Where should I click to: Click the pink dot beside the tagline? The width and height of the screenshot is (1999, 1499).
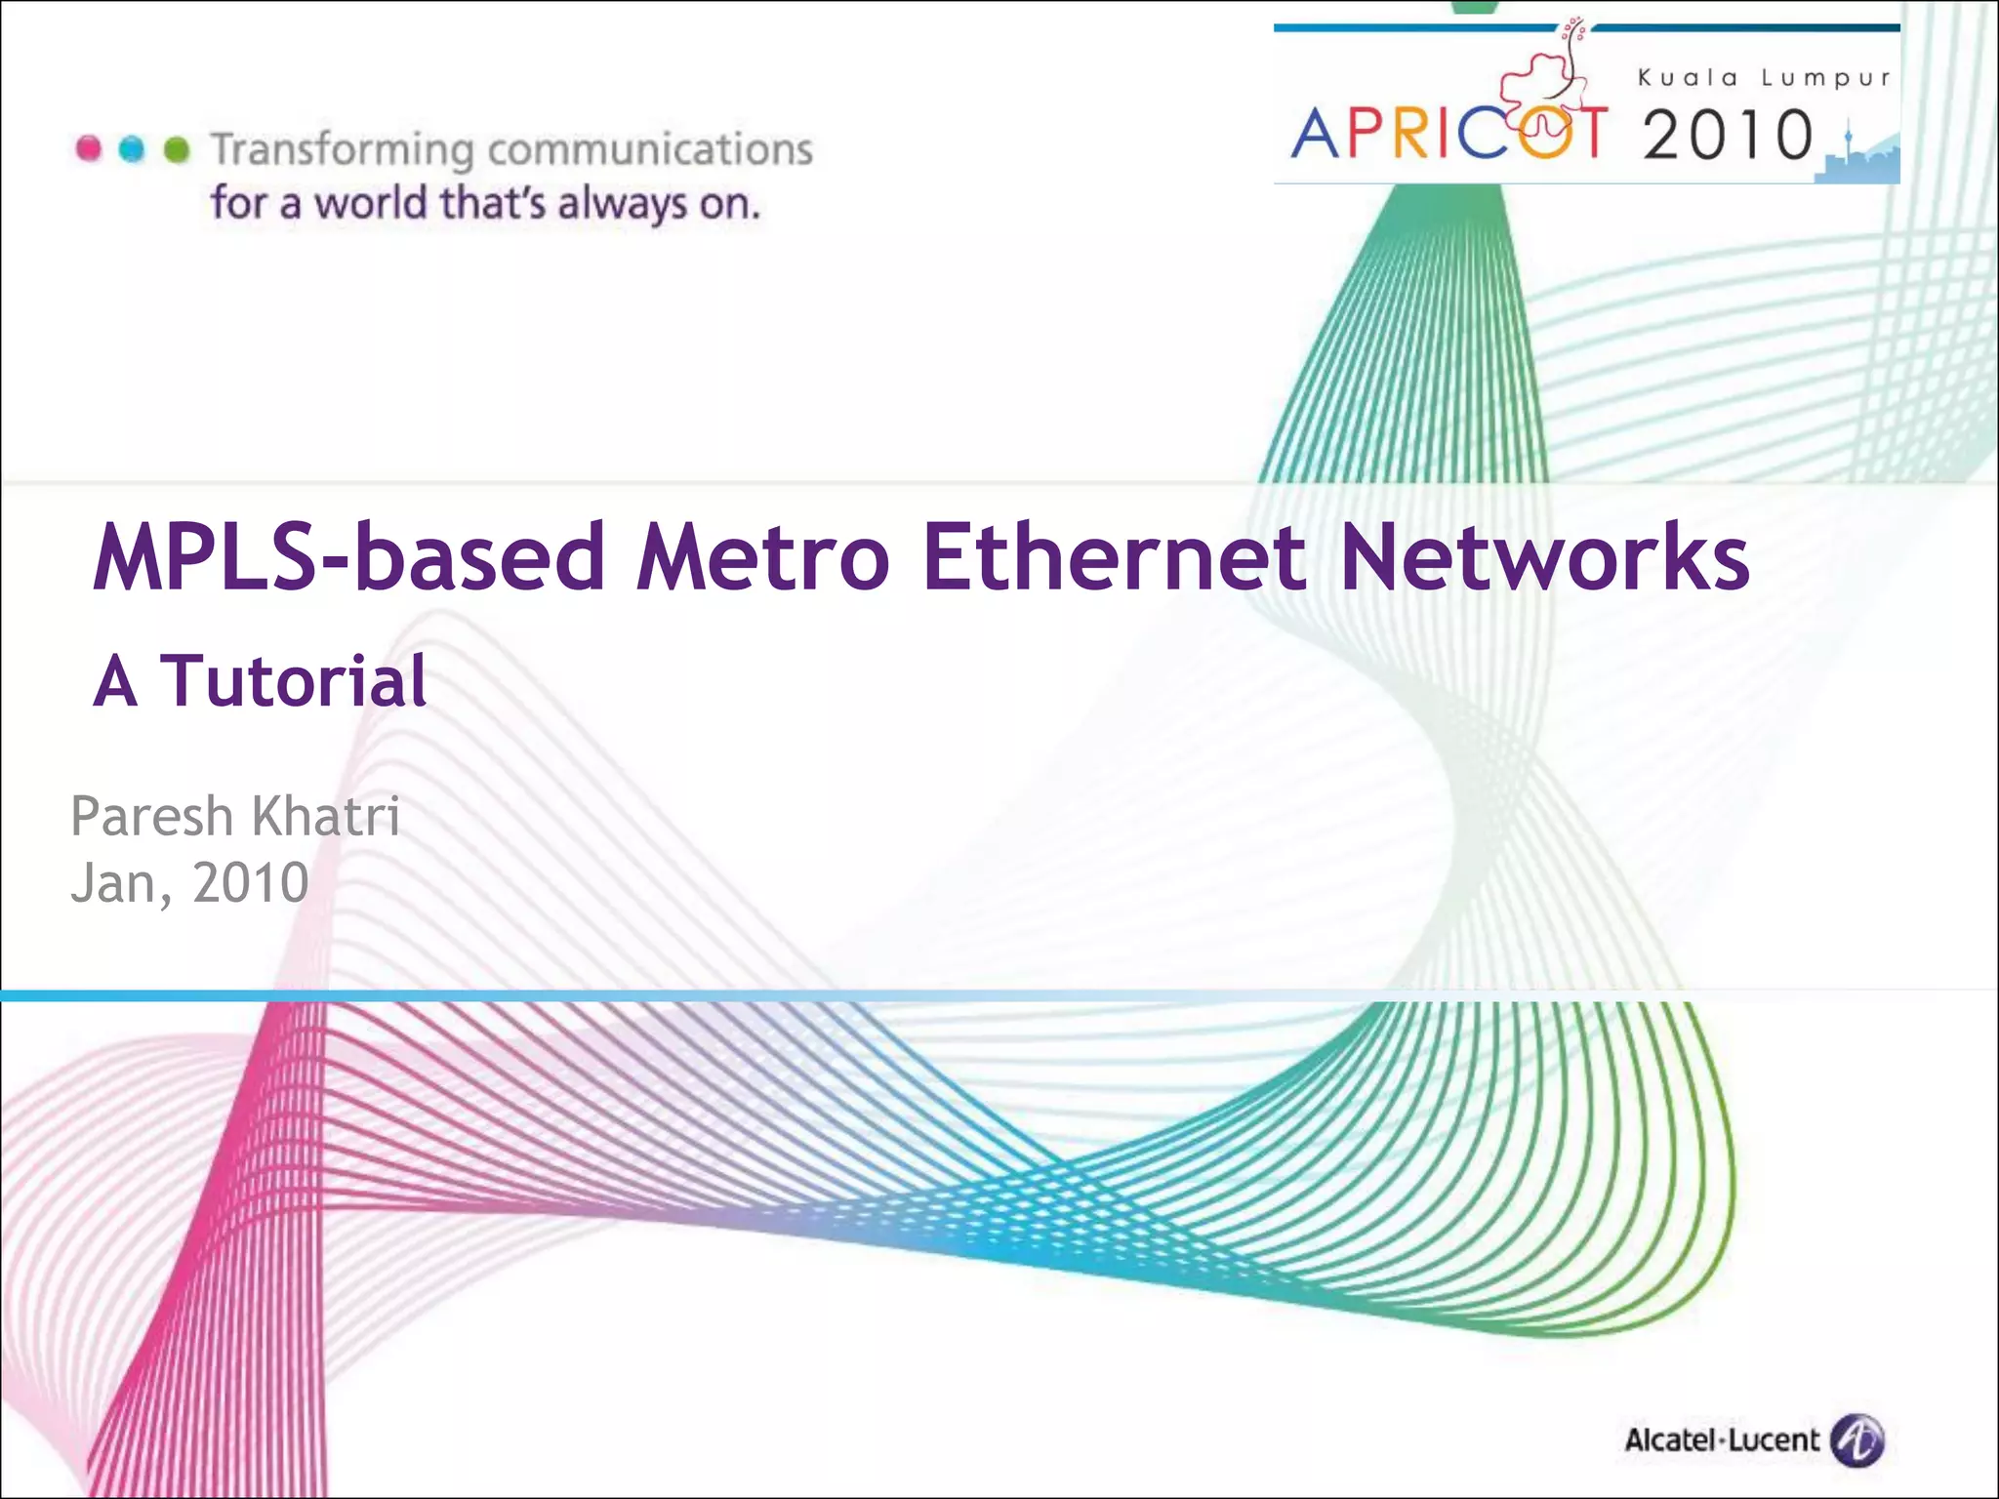[89, 148]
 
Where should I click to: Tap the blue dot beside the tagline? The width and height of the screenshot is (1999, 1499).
[132, 148]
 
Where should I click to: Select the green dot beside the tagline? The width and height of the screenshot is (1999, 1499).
[177, 148]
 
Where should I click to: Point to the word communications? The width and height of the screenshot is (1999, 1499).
[650, 149]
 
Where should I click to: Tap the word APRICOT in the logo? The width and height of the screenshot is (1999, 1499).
[1448, 134]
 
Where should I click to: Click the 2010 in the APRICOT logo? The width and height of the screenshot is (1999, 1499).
[1728, 135]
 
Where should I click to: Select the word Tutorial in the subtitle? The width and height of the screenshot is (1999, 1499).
[293, 680]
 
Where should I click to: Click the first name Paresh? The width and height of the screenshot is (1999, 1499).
[152, 816]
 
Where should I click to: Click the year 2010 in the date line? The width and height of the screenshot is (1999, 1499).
[251, 882]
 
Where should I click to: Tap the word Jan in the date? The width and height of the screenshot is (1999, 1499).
[113, 884]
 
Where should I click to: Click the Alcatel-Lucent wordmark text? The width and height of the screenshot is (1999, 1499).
[1722, 1440]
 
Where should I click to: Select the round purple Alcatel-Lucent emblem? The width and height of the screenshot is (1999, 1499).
[1856, 1440]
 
